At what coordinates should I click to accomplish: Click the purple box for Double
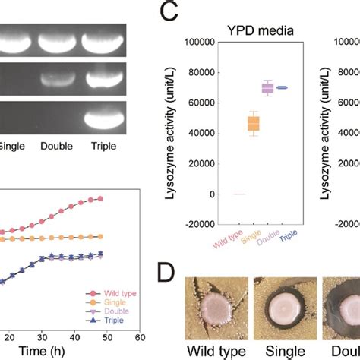pyautogui.click(x=267, y=88)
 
